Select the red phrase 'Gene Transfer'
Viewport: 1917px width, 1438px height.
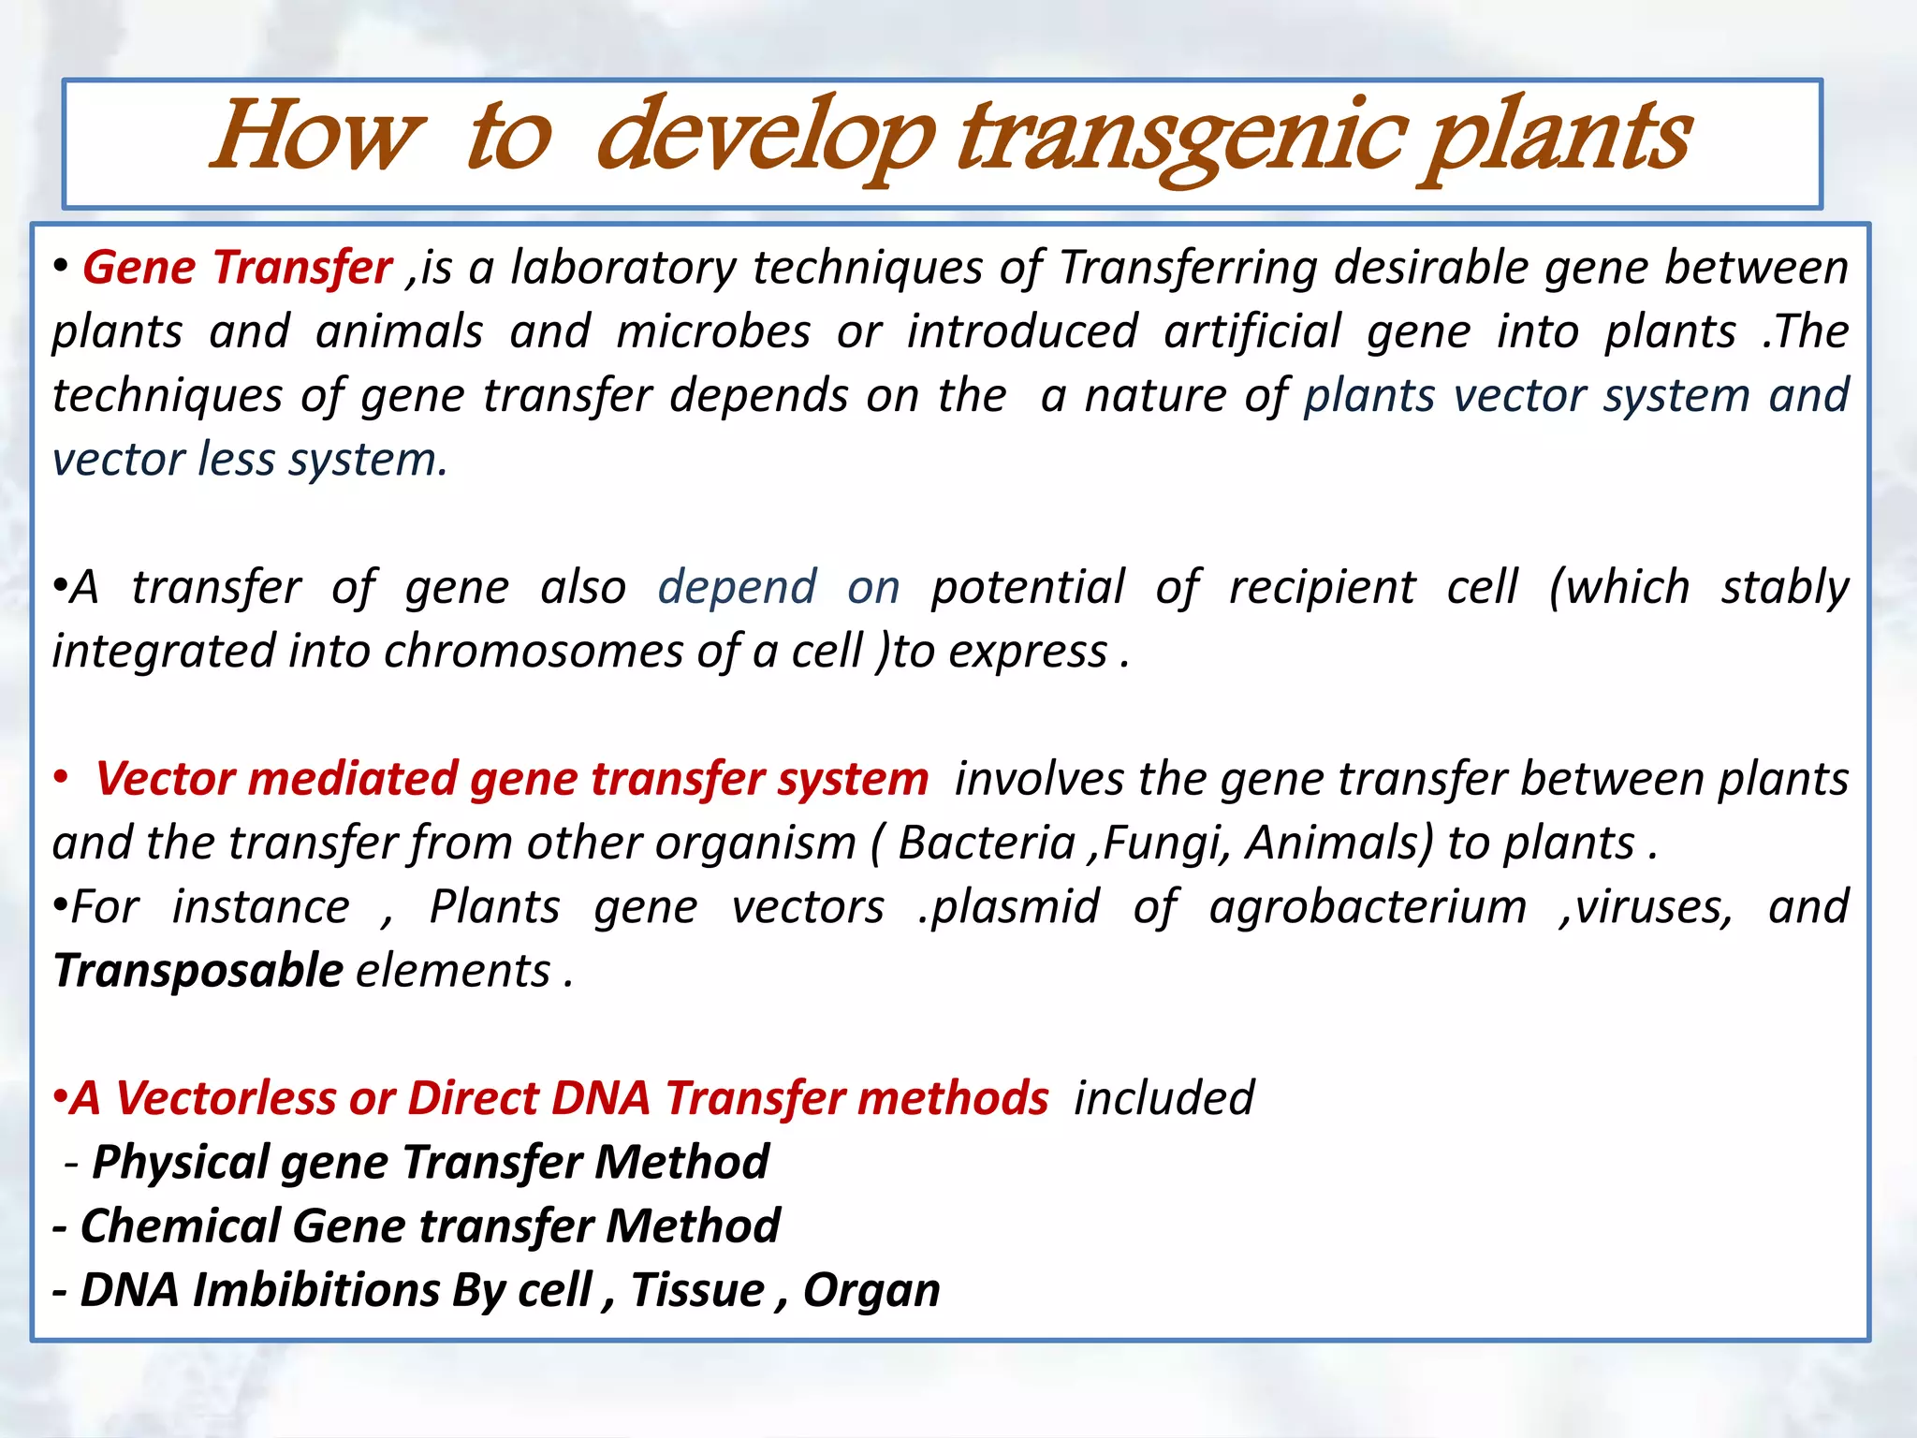(238, 268)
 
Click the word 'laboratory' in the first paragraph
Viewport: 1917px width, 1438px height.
(623, 268)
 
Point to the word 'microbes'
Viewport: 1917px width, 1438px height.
(713, 332)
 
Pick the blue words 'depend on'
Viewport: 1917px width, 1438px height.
(779, 588)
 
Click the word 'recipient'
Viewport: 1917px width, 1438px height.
(1322, 588)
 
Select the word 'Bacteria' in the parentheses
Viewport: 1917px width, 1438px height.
(987, 843)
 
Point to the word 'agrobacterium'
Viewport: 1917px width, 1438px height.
(1368, 907)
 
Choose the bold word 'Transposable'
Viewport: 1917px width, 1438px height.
(198, 971)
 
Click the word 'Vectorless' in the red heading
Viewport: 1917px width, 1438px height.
(225, 1098)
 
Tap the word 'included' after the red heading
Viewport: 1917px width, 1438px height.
(1163, 1098)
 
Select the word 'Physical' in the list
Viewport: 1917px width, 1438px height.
(181, 1163)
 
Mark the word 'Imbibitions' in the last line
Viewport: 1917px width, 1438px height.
(316, 1291)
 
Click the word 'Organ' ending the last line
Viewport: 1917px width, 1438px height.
(871, 1291)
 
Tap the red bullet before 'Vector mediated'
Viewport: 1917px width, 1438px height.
(61, 779)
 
